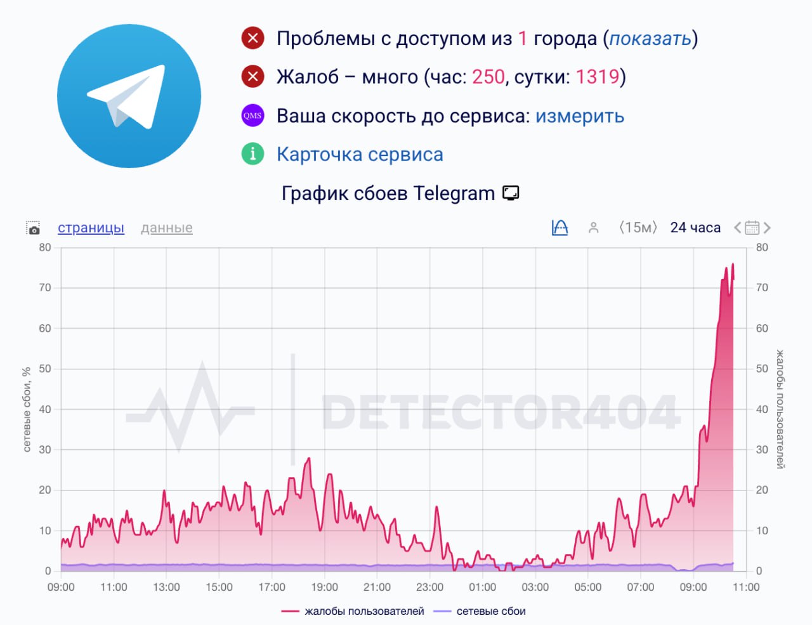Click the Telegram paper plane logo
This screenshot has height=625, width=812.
(129, 96)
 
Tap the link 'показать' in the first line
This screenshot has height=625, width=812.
(650, 39)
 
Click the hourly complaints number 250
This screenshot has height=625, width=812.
(488, 77)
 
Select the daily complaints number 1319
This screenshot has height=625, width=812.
(597, 77)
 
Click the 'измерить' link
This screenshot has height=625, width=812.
(579, 116)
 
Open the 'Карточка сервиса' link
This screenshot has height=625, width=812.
(360, 154)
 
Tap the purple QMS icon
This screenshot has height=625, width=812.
(252, 115)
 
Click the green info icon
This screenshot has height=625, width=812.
(252, 154)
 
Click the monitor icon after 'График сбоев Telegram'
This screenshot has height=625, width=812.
(511, 193)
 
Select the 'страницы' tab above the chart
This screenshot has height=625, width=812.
(91, 228)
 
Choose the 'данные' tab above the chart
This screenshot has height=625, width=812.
(166, 228)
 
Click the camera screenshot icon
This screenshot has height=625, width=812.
(33, 228)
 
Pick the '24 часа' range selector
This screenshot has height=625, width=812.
(695, 228)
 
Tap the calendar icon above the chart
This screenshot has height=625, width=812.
(752, 228)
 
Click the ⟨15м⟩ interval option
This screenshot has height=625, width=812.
(638, 228)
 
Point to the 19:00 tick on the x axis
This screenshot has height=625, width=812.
(324, 587)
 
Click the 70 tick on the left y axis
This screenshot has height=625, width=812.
(44, 287)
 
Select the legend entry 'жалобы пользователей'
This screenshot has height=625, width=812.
(363, 611)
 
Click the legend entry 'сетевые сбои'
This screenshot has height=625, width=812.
(490, 611)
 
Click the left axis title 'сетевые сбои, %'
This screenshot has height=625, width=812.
(27, 409)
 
